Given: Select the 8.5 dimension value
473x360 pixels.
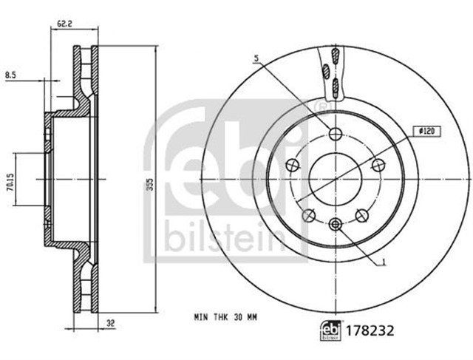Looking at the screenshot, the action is click(x=10, y=75).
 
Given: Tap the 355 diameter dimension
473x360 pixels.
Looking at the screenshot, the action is click(x=151, y=184).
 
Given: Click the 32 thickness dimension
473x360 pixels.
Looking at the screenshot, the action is click(x=111, y=323).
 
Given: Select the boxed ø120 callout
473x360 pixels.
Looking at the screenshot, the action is click(x=426, y=132).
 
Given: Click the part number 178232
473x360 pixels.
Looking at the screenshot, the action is click(x=370, y=330).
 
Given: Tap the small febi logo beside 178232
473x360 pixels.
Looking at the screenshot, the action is click(x=330, y=330).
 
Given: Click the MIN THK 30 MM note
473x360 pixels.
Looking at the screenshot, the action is click(x=225, y=317).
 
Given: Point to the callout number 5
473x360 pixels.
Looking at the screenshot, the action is click(x=256, y=58).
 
